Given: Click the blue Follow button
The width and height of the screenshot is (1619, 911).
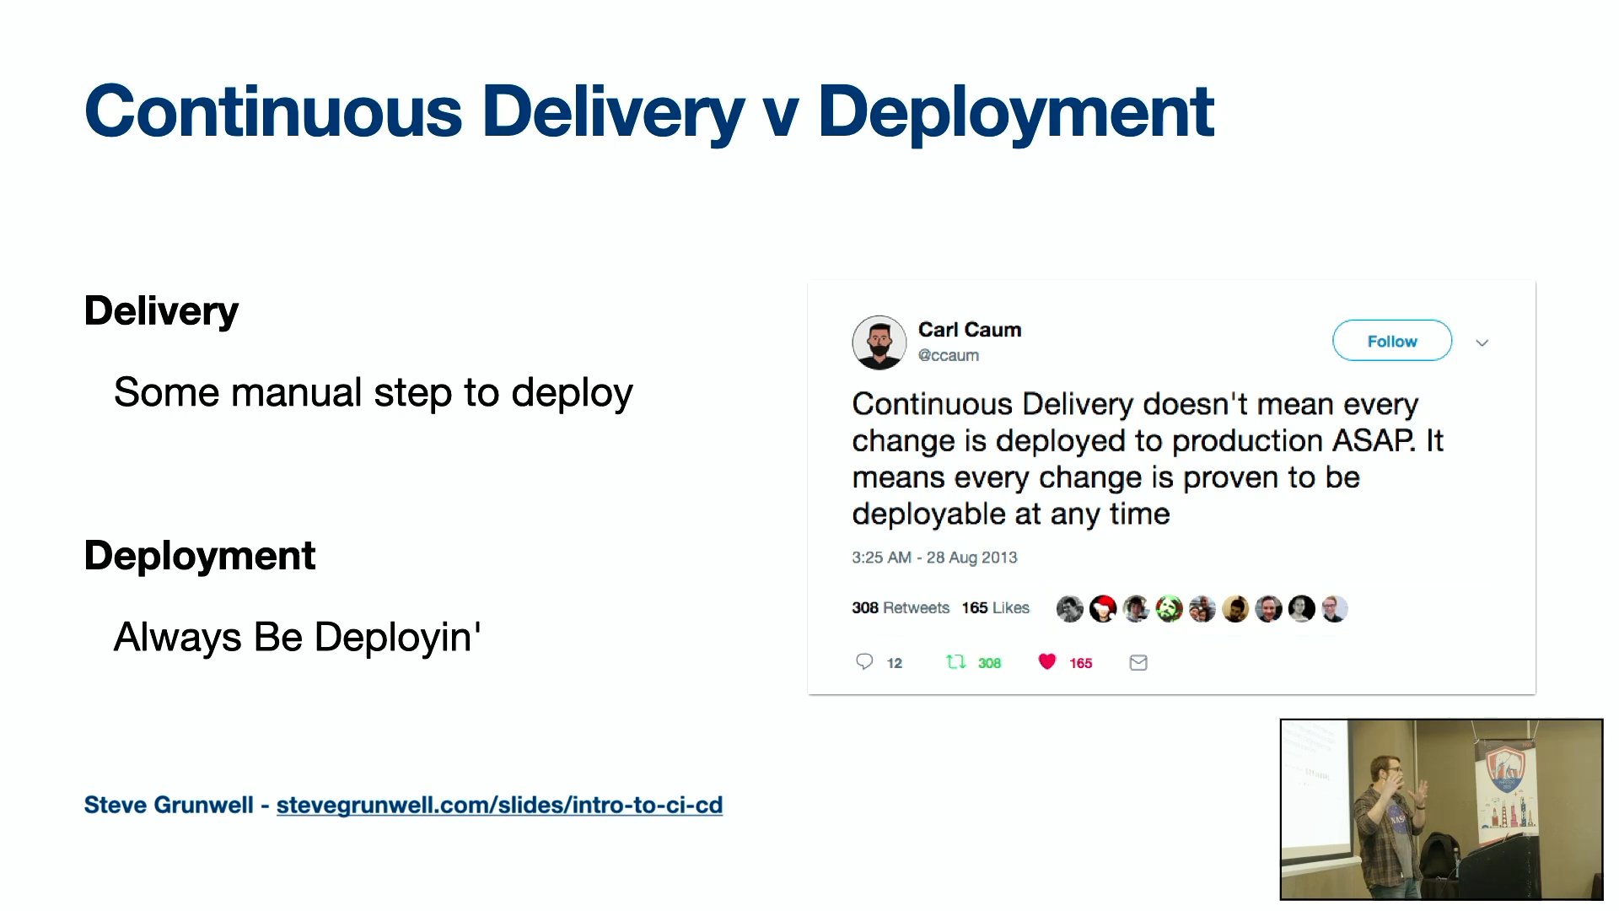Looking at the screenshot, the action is (x=1391, y=341).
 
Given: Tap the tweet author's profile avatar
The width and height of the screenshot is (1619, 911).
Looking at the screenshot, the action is (x=879, y=342).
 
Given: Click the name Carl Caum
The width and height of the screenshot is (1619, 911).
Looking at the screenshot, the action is (x=970, y=330).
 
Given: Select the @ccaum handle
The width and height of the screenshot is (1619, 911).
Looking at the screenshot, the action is (x=949, y=356).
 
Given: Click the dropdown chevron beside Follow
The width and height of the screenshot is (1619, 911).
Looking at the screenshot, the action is (x=1482, y=342).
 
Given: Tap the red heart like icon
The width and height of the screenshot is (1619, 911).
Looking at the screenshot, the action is (x=1046, y=662).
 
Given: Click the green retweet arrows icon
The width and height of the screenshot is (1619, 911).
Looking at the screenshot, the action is (x=955, y=662).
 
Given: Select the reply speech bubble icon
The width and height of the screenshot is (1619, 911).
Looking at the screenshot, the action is (x=864, y=661).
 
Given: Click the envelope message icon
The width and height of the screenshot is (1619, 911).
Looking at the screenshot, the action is (x=1138, y=663).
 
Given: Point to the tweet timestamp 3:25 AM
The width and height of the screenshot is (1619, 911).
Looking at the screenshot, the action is (x=881, y=558).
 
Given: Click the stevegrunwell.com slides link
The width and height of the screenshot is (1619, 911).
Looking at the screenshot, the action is (x=499, y=806).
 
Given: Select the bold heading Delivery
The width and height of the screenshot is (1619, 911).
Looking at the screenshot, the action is (x=161, y=311).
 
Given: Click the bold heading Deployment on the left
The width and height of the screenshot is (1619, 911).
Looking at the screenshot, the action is (x=200, y=557).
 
